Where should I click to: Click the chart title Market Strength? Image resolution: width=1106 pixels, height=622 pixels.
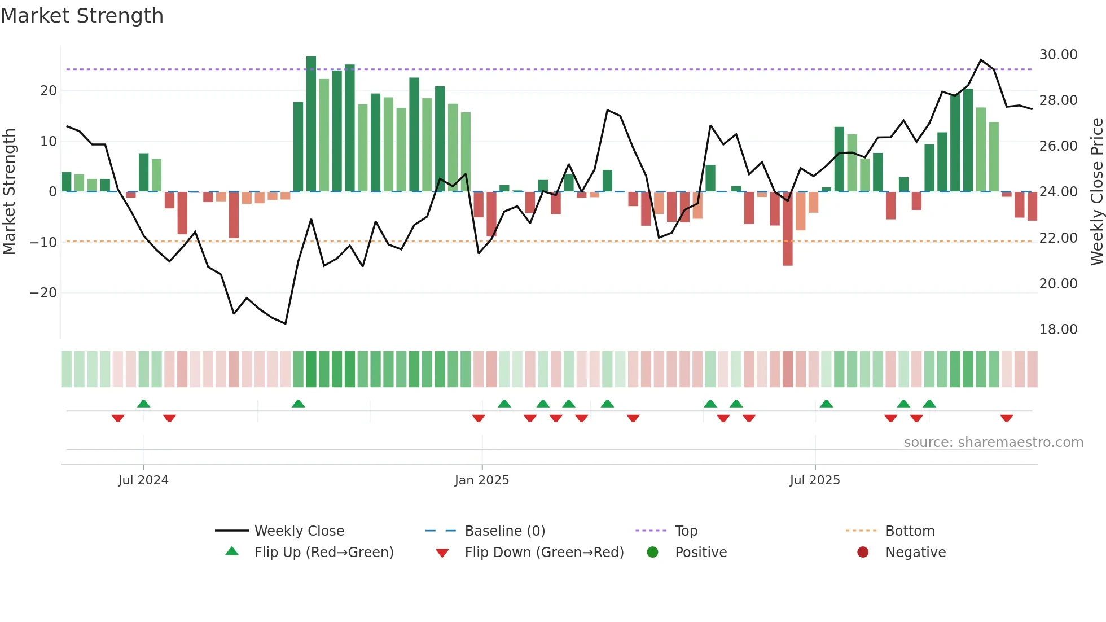[x=82, y=16]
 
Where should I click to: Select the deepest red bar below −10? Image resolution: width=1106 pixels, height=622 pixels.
[x=787, y=229]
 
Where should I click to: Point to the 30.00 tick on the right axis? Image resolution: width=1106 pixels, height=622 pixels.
[x=1058, y=55]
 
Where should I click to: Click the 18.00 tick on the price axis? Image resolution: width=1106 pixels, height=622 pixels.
[x=1058, y=330]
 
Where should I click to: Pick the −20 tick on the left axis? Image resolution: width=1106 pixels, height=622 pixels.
[x=43, y=293]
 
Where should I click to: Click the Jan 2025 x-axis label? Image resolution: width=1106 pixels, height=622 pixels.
[x=482, y=480]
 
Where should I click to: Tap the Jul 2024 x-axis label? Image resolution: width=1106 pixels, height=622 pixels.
[x=143, y=480]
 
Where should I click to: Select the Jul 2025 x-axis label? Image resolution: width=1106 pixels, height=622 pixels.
[x=815, y=480]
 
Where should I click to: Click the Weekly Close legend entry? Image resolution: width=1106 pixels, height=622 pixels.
[x=299, y=531]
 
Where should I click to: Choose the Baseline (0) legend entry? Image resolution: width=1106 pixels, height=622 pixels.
[x=504, y=531]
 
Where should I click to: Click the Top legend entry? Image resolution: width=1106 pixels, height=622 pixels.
[x=686, y=531]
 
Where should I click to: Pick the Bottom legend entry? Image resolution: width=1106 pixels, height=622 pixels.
[x=910, y=531]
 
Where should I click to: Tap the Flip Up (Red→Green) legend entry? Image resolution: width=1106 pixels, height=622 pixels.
[x=323, y=553]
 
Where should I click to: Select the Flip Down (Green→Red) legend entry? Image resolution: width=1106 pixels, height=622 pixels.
[x=544, y=553]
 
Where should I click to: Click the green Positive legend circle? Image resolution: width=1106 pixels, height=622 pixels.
[x=653, y=553]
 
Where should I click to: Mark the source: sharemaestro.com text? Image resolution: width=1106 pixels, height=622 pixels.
[x=993, y=443]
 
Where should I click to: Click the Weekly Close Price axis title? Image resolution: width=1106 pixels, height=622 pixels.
[x=1096, y=192]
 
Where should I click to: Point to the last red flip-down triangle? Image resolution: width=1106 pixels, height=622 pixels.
[x=1006, y=418]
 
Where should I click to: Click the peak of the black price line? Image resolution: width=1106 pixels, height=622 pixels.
[x=981, y=60]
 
